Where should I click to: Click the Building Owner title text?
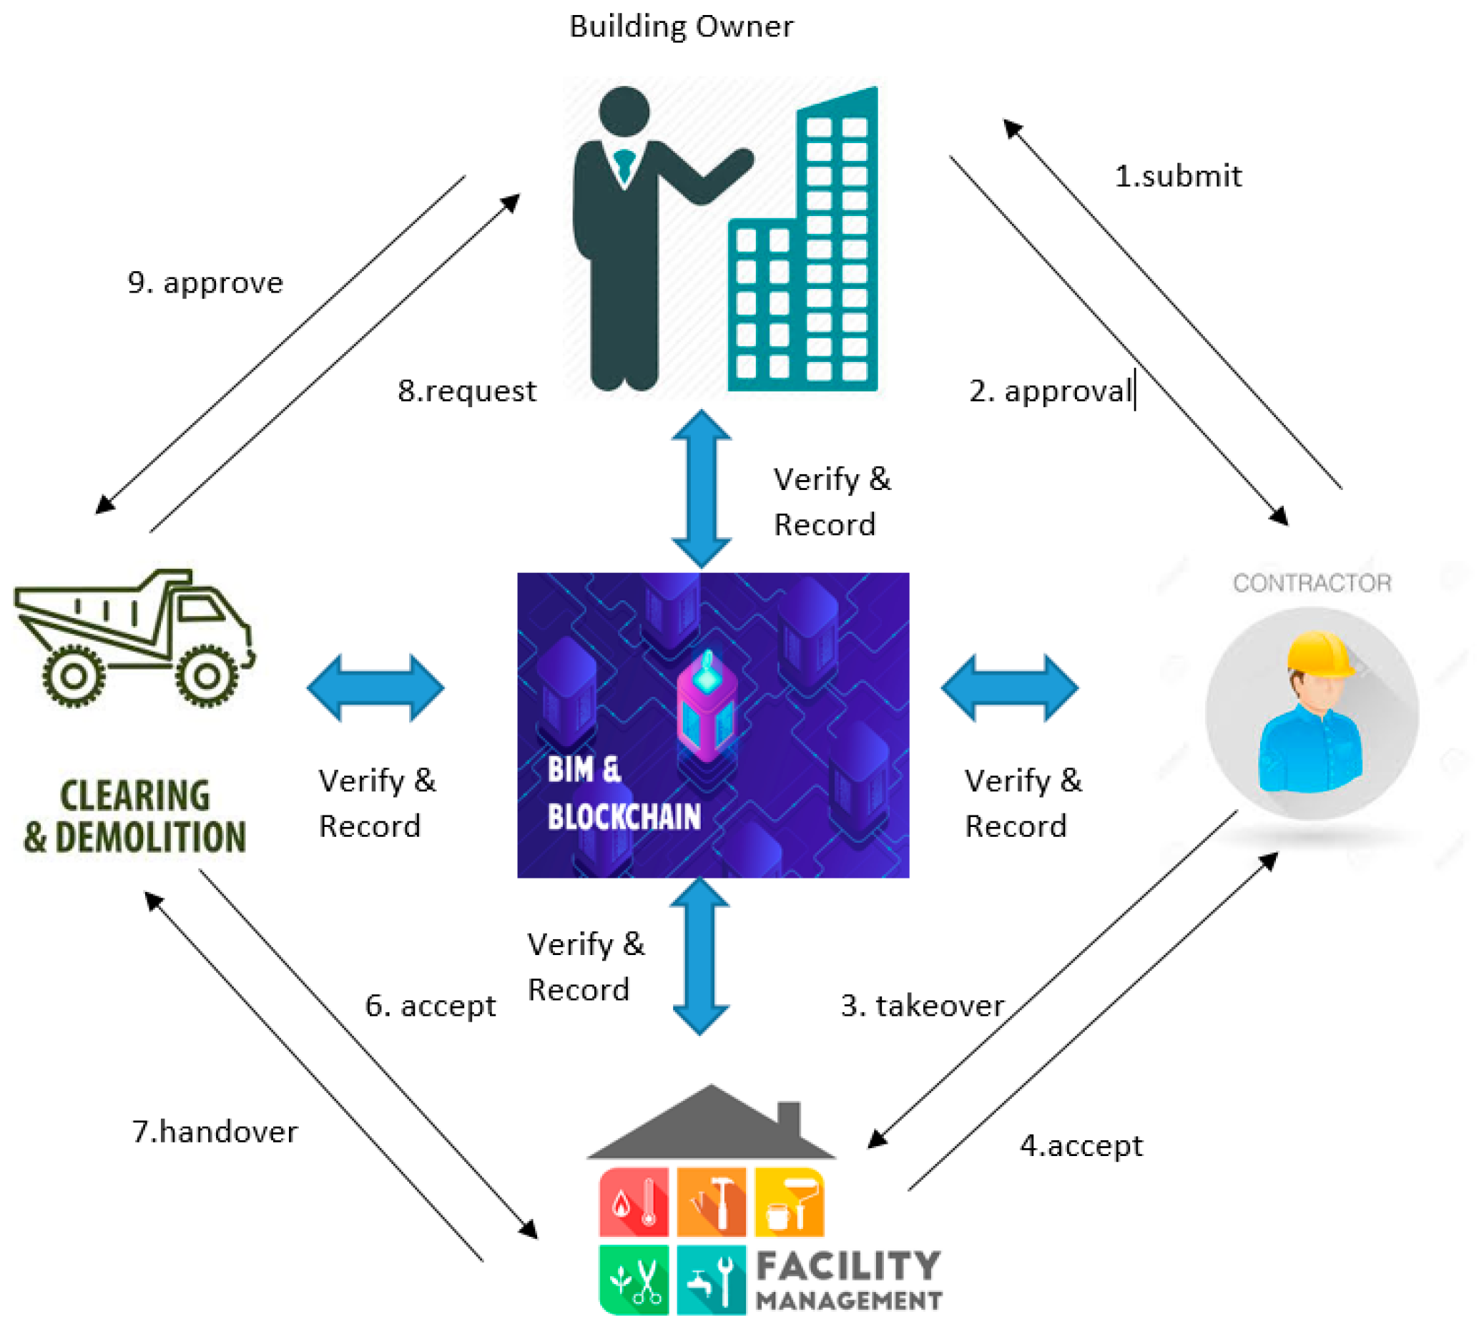(x=680, y=27)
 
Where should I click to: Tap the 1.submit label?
(x=1177, y=177)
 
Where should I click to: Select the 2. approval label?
(x=1050, y=391)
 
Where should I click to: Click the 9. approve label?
(x=205, y=283)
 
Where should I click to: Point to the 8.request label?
(x=466, y=391)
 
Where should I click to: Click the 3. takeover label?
(x=921, y=1006)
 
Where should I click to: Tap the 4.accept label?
(x=1080, y=1145)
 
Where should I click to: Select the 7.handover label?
(x=215, y=1132)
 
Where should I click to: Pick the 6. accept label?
(x=430, y=1006)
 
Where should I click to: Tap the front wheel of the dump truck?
(x=207, y=675)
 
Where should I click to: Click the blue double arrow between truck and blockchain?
(x=375, y=687)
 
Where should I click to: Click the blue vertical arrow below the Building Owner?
(x=700, y=489)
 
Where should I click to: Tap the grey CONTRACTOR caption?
(x=1312, y=583)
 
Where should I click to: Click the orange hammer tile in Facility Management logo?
(x=711, y=1202)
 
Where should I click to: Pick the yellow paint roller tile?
(x=789, y=1202)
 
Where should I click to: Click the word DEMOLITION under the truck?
(x=151, y=837)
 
